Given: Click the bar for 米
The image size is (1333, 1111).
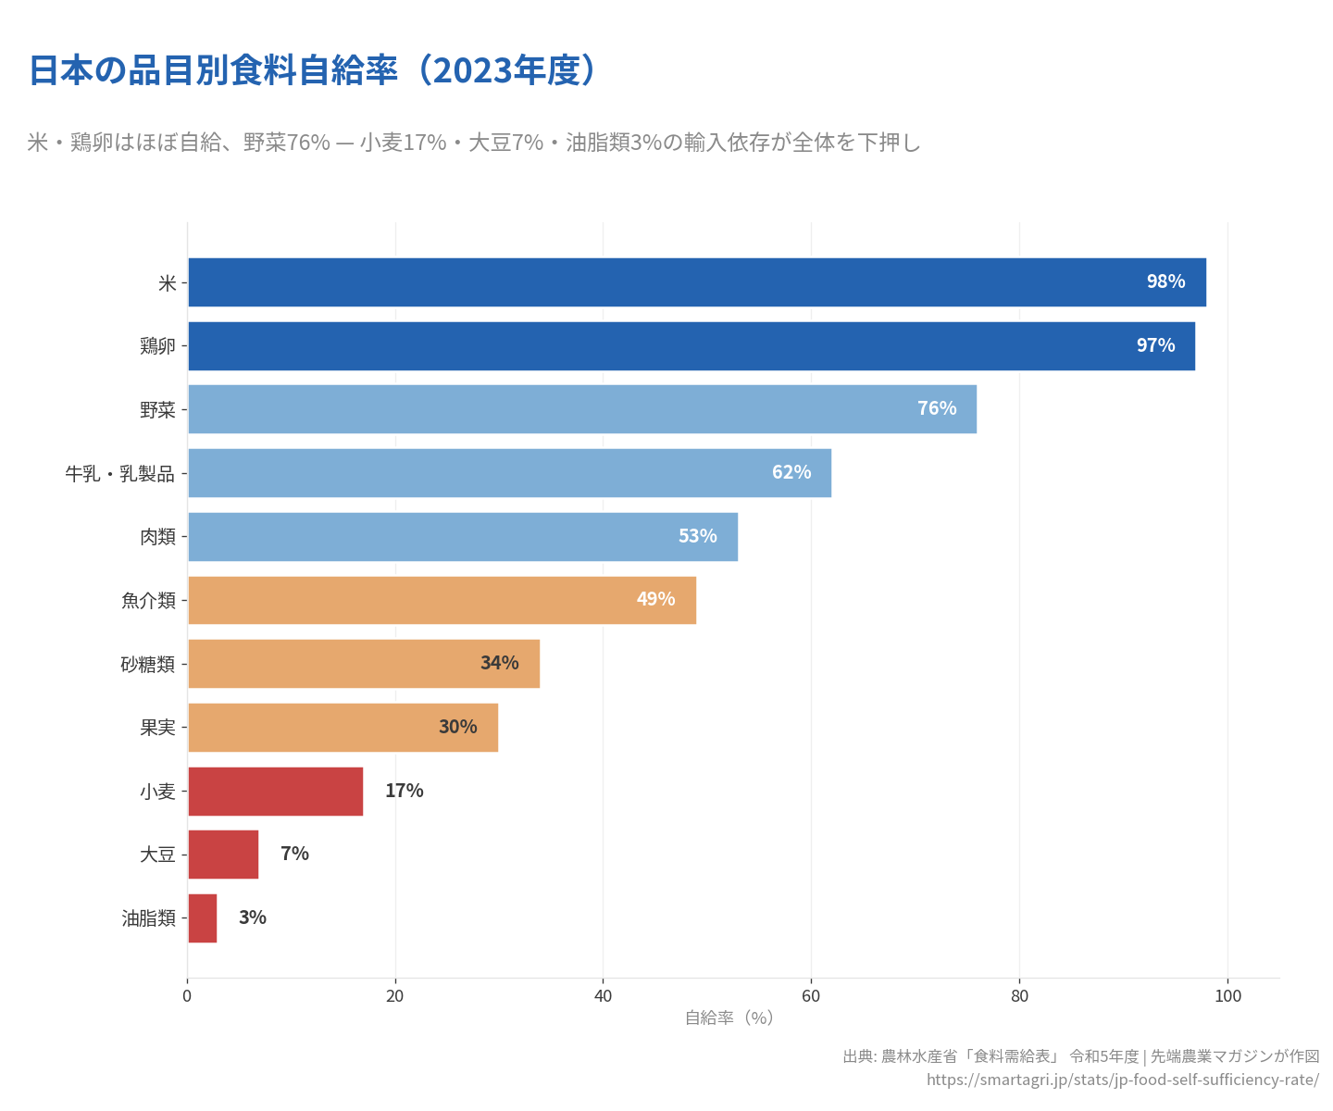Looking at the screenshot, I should coord(696,282).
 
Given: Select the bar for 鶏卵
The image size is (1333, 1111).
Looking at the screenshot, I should coord(691,346).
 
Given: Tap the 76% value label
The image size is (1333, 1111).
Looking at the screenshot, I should coord(937,408).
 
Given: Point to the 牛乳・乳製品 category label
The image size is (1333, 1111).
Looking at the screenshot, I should coord(119,474).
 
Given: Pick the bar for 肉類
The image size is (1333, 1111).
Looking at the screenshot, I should coord(462,537).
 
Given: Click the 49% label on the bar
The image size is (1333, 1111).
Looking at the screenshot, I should coord(655,599).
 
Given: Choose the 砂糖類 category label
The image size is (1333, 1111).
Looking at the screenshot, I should coord(148,665).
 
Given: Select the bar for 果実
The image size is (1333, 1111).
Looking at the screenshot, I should coord(343,728).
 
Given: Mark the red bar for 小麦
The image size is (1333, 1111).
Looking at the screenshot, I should coord(275,792).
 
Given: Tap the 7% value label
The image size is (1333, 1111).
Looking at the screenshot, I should coord(294,854).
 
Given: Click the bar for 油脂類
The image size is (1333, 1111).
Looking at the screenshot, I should coord(202,918).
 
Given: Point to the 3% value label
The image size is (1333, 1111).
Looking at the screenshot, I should coord(253,918).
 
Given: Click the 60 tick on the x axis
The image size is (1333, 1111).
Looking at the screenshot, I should coord(811,996).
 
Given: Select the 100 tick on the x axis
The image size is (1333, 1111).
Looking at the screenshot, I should coord(1227,996).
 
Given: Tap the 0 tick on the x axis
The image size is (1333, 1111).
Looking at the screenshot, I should coord(187,996).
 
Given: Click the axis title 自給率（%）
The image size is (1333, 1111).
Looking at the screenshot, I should coord(729,1017).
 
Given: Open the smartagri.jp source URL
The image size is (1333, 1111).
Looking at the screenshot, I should coord(1122,1080).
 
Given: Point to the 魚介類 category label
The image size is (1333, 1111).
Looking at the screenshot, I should coord(148,601).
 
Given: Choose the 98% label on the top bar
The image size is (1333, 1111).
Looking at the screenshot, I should coord(1165,281).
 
